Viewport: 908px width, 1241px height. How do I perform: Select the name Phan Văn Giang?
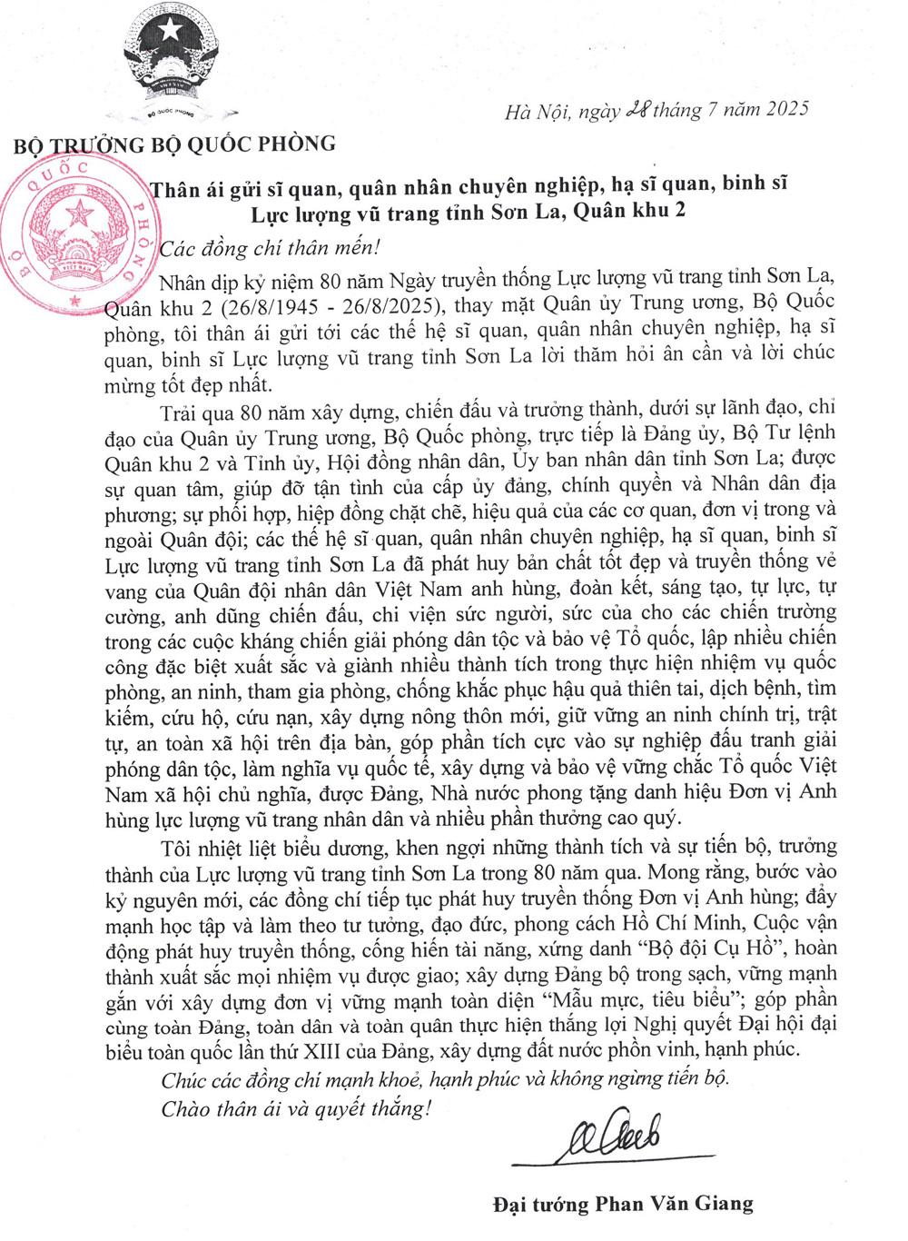(696, 1205)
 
